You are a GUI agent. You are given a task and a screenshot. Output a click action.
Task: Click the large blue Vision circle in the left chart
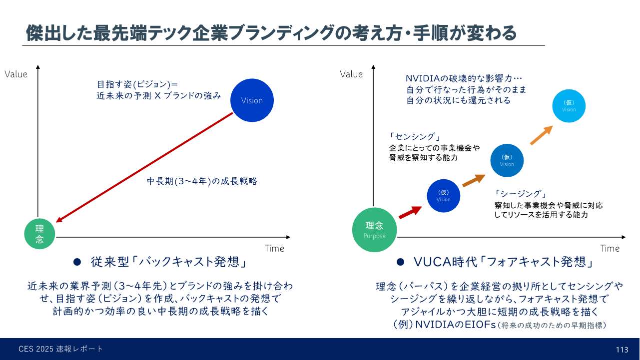click(x=252, y=100)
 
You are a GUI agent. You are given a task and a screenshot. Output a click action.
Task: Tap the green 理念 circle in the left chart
click(x=40, y=234)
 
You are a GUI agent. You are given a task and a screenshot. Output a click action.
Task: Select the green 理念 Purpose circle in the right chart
click(x=374, y=230)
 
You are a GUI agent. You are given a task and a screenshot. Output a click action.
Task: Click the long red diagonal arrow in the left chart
click(x=144, y=167)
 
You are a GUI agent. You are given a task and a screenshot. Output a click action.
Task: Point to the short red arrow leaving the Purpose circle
click(x=410, y=212)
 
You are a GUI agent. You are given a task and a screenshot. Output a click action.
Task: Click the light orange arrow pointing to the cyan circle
click(x=541, y=135)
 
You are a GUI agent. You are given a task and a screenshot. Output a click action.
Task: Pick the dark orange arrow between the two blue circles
click(x=474, y=180)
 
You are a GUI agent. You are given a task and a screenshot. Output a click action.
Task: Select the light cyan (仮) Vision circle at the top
click(x=569, y=106)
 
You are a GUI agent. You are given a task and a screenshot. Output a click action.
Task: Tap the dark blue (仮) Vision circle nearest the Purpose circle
click(x=443, y=196)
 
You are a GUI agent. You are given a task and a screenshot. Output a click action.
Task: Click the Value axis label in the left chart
click(x=16, y=74)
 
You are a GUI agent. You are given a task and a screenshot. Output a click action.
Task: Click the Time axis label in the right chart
click(x=610, y=248)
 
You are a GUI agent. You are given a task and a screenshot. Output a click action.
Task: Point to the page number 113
click(x=622, y=350)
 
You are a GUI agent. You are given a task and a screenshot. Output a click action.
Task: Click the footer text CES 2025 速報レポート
click(x=61, y=349)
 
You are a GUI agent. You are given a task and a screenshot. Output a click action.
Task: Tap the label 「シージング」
click(x=520, y=194)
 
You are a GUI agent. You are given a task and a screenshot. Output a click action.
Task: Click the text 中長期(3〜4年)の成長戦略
click(x=202, y=181)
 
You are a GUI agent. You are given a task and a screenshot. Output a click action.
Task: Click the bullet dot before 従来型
click(x=77, y=262)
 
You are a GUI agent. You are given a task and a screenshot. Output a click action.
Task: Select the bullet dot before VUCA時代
click(x=400, y=262)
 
